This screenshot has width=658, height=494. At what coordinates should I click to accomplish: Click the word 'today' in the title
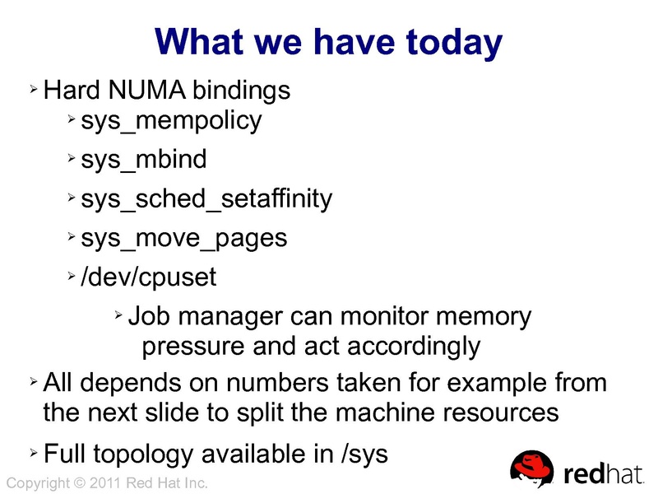point(447,42)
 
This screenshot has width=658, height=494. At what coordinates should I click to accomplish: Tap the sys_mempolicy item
point(171,121)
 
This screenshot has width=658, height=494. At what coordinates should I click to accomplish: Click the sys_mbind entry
point(144,159)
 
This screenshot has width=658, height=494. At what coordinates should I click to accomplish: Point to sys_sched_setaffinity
point(206,198)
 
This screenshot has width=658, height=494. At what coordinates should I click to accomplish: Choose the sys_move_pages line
point(184,238)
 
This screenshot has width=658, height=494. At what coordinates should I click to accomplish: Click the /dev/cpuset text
point(149,277)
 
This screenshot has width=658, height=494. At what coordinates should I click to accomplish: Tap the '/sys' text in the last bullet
point(364,453)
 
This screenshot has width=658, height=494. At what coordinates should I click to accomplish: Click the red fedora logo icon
point(533,468)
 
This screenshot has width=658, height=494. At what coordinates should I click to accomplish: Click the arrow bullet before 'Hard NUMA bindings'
point(33,88)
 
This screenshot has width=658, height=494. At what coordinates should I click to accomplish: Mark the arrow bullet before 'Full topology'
point(33,452)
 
